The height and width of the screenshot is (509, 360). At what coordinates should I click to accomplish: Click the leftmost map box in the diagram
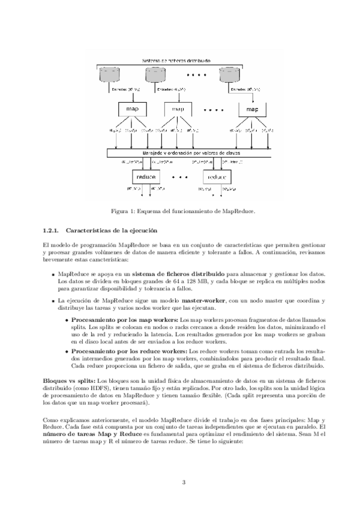coord(132,109)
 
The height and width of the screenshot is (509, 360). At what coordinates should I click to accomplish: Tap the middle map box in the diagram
coord(179,109)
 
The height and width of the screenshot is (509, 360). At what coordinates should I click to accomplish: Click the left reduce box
coord(146,178)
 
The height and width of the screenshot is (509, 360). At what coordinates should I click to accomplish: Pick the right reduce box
coord(216,178)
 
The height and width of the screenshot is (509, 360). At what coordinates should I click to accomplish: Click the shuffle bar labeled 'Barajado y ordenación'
coord(179,153)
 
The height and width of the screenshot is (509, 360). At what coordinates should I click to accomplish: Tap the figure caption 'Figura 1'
coord(180,211)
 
